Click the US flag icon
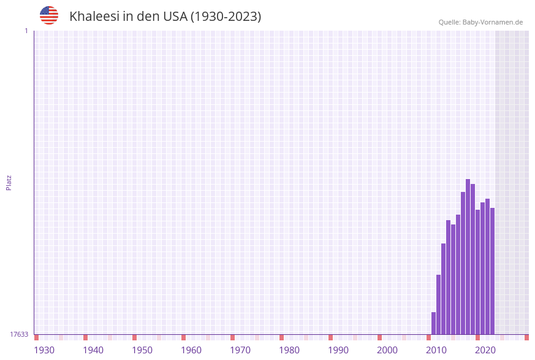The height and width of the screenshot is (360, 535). [49, 15]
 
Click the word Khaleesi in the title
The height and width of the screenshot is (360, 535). [94, 17]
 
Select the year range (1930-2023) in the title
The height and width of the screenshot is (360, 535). [226, 17]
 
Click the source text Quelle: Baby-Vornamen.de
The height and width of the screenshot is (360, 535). [480, 22]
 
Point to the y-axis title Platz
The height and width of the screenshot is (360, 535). [9, 182]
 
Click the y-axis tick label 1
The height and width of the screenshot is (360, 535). [26, 31]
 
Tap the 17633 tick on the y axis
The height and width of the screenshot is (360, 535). [19, 334]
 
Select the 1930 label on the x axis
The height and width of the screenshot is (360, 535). [44, 350]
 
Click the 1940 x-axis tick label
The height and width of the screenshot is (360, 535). [93, 350]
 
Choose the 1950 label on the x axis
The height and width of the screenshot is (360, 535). [142, 350]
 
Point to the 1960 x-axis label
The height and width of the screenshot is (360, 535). [191, 350]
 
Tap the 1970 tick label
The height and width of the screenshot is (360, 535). [240, 350]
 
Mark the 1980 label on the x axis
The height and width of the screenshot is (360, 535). [289, 350]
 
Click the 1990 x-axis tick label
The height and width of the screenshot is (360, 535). [338, 350]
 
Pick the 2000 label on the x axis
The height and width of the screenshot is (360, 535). [387, 350]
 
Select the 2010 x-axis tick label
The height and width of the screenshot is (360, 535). [436, 350]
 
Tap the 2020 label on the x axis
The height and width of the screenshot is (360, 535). [485, 350]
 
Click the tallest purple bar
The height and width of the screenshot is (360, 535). [468, 258]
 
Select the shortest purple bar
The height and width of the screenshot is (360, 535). [433, 323]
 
